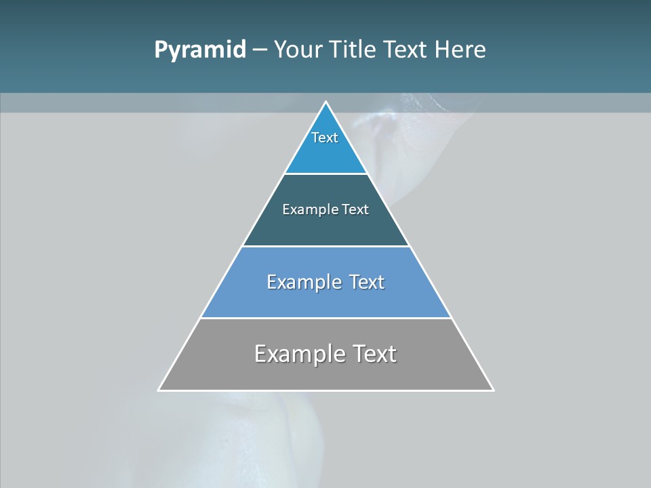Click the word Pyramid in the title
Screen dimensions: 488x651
(x=200, y=50)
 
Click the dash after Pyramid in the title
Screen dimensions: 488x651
(x=260, y=50)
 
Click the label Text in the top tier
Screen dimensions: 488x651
(x=325, y=138)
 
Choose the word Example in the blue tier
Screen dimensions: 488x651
(x=304, y=282)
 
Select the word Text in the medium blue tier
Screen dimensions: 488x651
(x=366, y=282)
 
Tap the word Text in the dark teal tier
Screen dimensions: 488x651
(x=355, y=209)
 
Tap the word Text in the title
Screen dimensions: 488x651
(x=405, y=49)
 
